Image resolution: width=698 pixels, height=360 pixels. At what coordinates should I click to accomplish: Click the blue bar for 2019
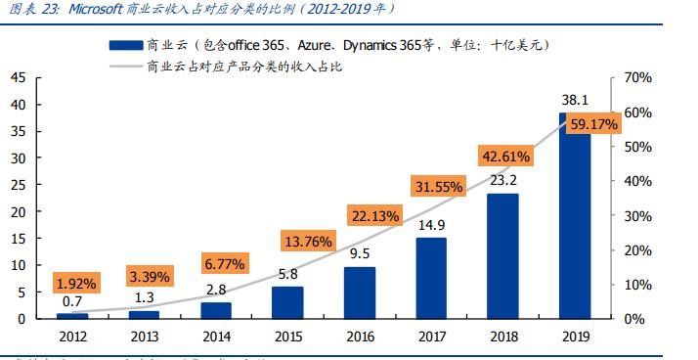575,216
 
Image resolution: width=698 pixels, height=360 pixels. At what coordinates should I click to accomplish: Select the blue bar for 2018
502,255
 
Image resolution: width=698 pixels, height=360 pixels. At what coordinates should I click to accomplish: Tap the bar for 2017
431,278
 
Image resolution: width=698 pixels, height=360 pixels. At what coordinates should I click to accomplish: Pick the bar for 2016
359,292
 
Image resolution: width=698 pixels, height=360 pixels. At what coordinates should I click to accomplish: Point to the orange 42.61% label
504,156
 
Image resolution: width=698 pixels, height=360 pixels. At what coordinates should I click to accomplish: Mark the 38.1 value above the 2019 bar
574,100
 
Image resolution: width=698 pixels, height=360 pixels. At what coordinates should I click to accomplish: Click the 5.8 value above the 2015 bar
287,275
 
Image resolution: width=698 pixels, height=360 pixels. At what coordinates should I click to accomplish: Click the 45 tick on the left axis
19,77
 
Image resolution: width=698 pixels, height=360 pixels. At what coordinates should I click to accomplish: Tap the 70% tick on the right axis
636,77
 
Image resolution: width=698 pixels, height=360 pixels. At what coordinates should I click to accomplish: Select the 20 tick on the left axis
19,211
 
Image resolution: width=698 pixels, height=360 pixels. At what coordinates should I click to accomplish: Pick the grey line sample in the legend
123,67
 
